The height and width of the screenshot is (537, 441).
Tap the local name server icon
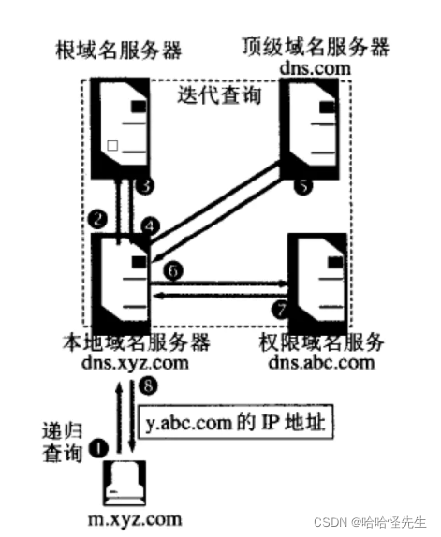point(122,276)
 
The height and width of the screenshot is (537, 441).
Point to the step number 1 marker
point(100,448)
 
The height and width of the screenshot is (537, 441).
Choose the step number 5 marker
point(301,187)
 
